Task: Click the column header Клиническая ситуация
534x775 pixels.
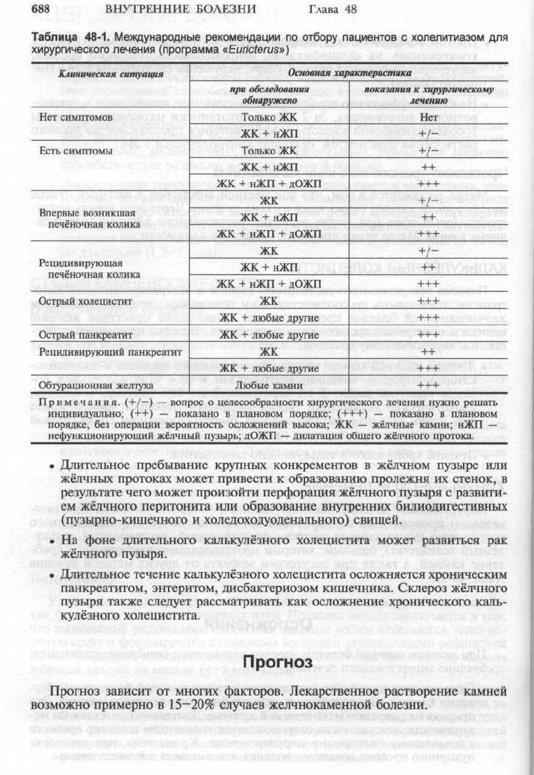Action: [111, 74]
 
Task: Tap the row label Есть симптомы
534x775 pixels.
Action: [75, 151]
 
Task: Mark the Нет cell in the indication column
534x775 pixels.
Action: [428, 117]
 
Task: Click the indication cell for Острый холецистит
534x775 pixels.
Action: [428, 302]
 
